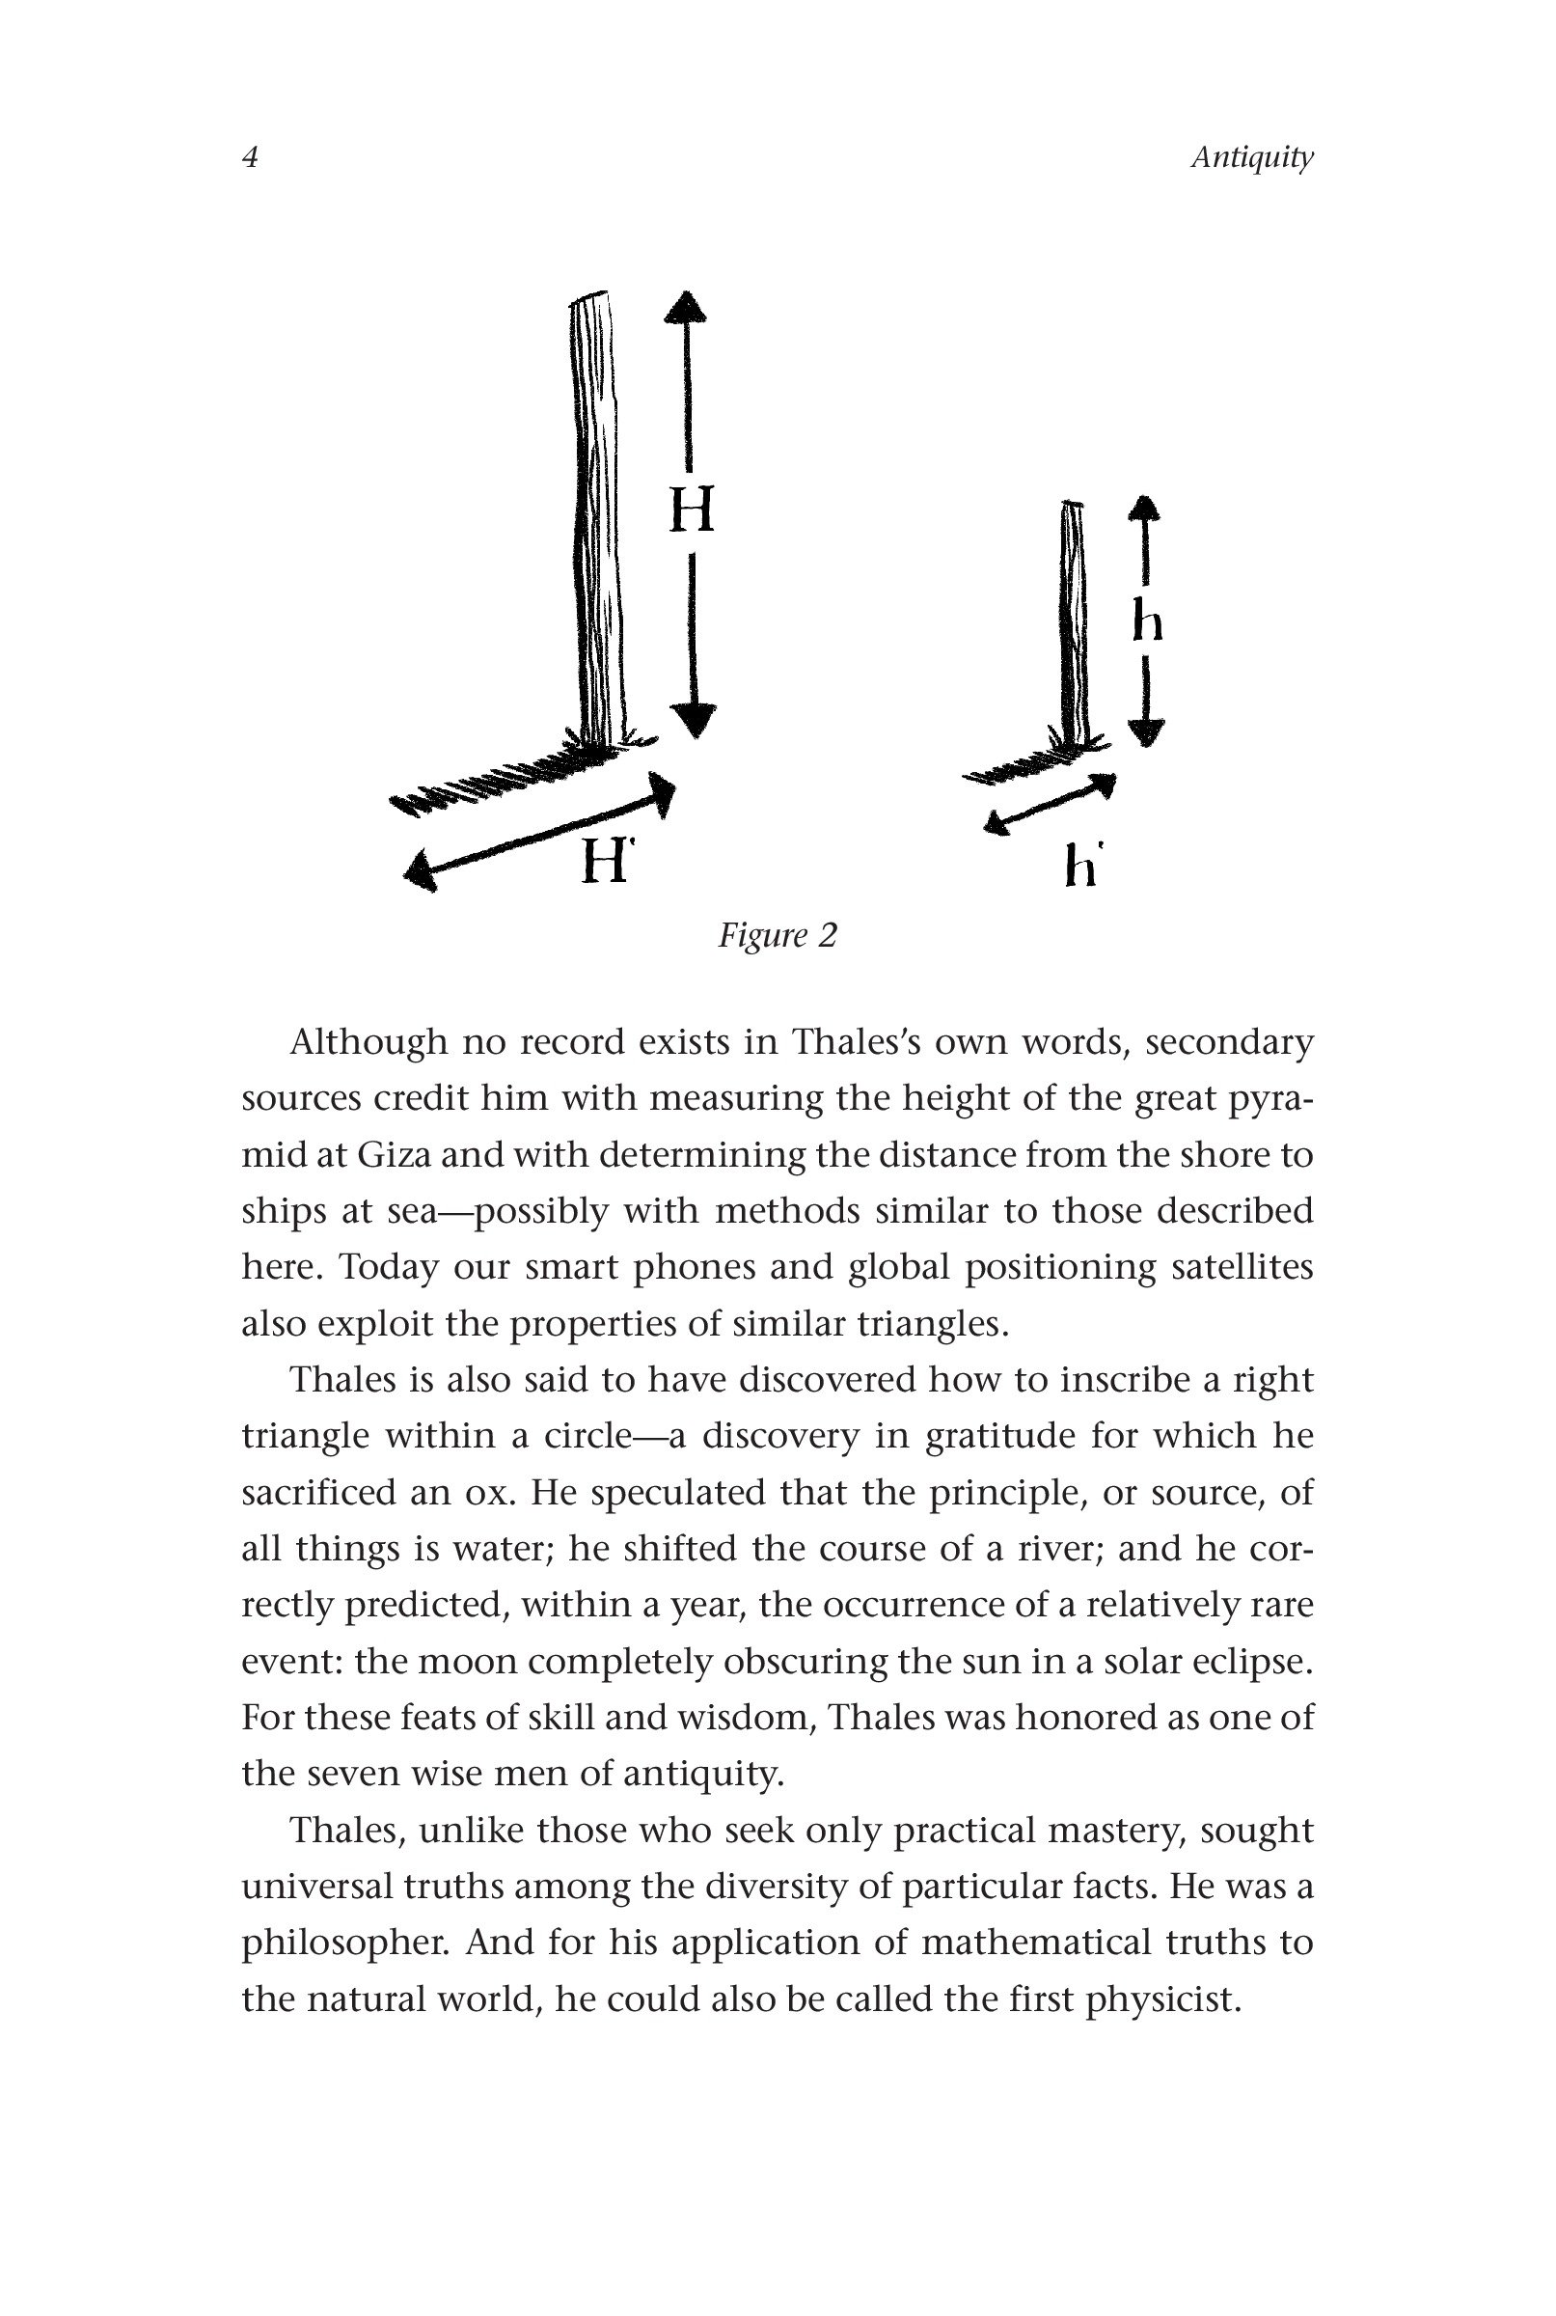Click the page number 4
click(251, 158)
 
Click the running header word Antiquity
click(1251, 158)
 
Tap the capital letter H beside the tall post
click(692, 510)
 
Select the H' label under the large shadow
click(607, 860)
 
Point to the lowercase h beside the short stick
click(1147, 623)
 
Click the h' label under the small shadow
click(1081, 867)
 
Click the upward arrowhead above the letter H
click(686, 306)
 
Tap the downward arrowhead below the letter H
click(693, 720)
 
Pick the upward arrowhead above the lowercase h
click(1145, 509)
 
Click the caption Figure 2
click(777, 935)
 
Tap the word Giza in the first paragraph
click(393, 1155)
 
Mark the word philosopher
click(343, 1943)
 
